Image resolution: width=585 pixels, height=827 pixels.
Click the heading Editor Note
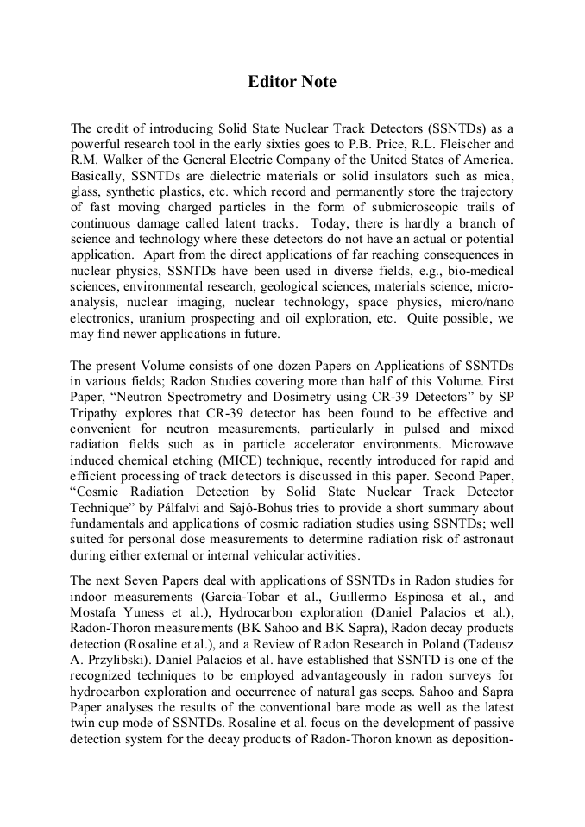tap(292, 82)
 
